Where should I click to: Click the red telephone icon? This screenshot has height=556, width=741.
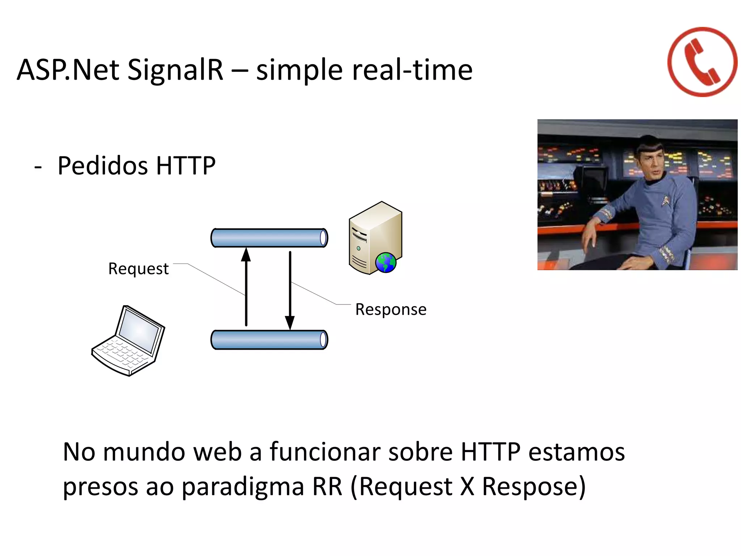[x=702, y=62]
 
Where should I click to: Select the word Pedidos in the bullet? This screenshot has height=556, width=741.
[x=103, y=166]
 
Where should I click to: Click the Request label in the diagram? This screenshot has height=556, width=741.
[x=138, y=269]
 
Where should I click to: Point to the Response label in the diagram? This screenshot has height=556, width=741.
[x=391, y=309]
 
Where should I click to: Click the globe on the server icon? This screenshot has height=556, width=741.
[x=386, y=262]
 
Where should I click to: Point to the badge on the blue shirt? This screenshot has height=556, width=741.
[x=665, y=200]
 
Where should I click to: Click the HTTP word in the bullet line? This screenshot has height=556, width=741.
[x=186, y=166]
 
